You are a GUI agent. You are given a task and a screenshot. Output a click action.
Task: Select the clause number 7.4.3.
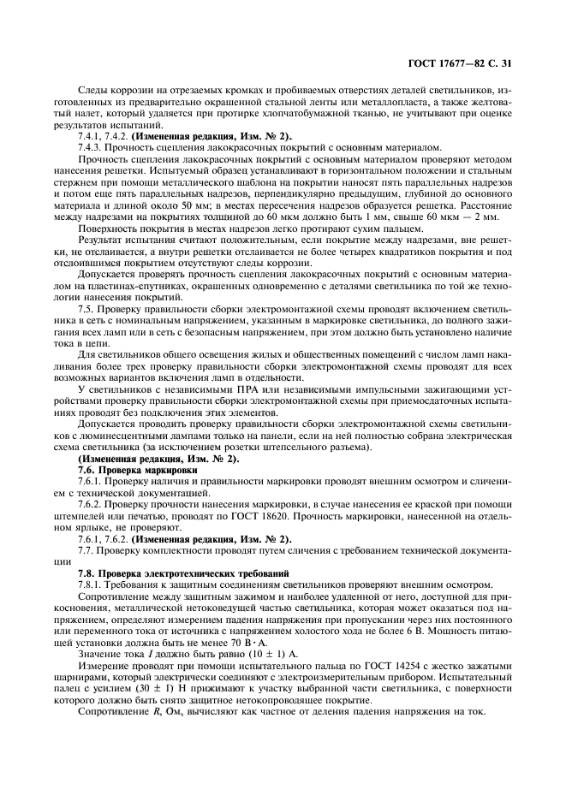[92, 147]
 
